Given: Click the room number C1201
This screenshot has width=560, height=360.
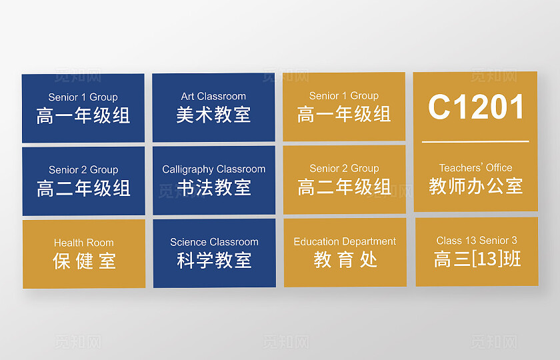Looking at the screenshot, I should [x=476, y=107].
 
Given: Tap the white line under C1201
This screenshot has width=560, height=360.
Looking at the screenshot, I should [x=475, y=141].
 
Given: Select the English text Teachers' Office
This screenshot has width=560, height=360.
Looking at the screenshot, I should [x=475, y=168].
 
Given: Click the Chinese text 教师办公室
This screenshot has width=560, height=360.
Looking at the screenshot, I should [x=475, y=185].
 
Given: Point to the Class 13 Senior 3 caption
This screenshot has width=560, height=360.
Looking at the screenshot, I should [x=477, y=240].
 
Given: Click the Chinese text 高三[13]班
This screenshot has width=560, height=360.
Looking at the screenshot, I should [x=477, y=259].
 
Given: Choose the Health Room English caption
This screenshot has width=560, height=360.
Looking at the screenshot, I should [x=83, y=243].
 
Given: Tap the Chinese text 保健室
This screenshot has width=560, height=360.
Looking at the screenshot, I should [x=84, y=261].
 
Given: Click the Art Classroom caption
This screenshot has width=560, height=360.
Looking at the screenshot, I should [x=213, y=97].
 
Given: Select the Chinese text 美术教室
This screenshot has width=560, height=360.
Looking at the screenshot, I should [x=213, y=115].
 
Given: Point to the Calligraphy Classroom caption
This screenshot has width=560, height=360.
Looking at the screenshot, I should [x=213, y=169].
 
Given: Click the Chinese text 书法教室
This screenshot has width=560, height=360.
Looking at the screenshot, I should [x=213, y=188].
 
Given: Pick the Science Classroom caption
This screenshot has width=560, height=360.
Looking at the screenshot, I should [x=214, y=242].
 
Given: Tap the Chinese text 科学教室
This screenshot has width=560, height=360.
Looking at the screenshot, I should [x=214, y=261].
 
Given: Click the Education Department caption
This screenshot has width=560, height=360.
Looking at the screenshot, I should [x=345, y=241].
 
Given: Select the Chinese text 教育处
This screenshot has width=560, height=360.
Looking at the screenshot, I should [x=345, y=259].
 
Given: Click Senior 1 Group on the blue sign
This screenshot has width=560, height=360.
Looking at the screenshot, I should [x=83, y=97].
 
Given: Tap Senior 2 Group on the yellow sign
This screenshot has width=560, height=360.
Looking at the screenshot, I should [x=344, y=169].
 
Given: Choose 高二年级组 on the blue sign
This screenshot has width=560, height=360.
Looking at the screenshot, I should [x=83, y=189].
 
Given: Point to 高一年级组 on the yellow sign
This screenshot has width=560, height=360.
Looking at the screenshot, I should [x=344, y=114].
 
